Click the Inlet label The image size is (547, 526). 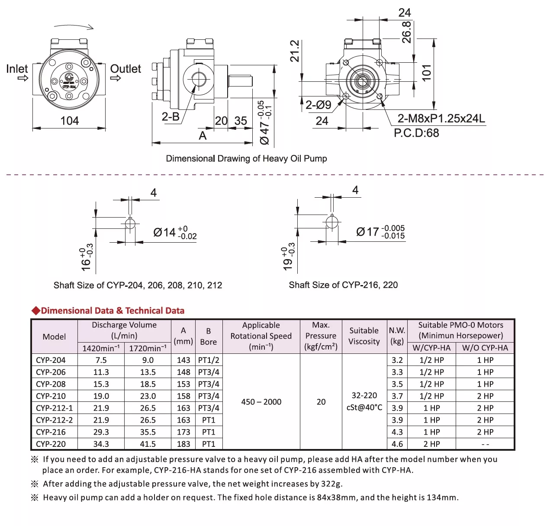(x=17, y=69)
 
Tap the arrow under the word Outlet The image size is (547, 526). (x=115, y=78)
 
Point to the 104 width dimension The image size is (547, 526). (x=69, y=121)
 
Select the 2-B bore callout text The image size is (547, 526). (x=171, y=116)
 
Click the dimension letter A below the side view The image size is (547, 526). (x=203, y=136)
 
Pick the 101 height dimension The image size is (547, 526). (x=426, y=73)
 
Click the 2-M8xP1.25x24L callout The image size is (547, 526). (x=441, y=118)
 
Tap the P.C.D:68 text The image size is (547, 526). (x=416, y=133)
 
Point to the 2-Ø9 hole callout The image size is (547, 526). (x=318, y=105)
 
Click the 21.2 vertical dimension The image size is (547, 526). (x=295, y=51)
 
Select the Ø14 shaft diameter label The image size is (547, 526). (x=164, y=232)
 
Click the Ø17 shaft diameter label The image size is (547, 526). (x=367, y=232)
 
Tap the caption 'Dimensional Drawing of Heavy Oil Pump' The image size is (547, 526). (x=246, y=158)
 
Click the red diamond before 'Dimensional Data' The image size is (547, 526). (x=35, y=311)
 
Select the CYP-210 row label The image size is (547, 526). (x=51, y=396)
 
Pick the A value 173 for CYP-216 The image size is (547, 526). (x=183, y=432)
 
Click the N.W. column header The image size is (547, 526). (x=397, y=330)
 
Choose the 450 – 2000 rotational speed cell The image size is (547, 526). (x=261, y=402)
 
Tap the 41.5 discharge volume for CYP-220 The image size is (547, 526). (x=148, y=444)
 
